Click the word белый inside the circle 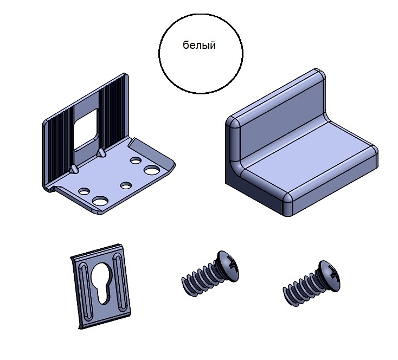tap(199, 45)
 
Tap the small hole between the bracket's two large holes tap(126, 185)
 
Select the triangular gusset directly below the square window tap(101, 152)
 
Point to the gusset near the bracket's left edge tap(74, 169)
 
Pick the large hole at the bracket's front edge tap(100, 201)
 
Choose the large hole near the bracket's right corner tap(152, 170)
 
